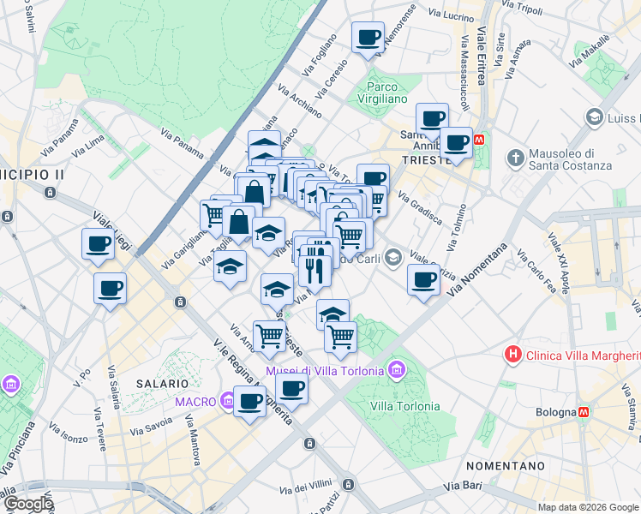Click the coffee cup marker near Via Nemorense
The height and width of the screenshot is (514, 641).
368,38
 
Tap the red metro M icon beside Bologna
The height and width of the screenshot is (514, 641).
584,411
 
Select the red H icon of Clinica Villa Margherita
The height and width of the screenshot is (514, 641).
513,353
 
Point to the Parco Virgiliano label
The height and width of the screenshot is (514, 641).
387,92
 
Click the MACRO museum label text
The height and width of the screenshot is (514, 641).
195,401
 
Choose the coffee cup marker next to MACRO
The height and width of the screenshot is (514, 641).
249,401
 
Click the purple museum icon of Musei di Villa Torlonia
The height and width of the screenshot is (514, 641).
396,371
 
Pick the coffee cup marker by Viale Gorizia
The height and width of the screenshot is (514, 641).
422,278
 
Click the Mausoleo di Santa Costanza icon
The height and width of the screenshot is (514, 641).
515,158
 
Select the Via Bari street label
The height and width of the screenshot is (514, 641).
463,487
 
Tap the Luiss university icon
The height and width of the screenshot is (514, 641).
593,116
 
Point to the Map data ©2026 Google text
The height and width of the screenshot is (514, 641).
589,506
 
